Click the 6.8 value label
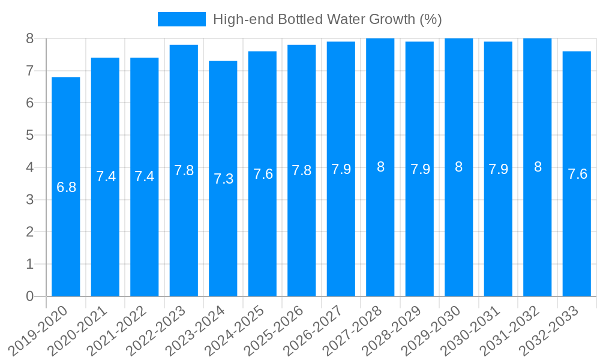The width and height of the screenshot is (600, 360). click(66, 187)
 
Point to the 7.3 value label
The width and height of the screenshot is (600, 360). click(223, 179)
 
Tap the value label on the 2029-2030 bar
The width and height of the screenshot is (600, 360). click(459, 167)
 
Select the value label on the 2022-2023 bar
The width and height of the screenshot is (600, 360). click(184, 170)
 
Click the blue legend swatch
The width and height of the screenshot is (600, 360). click(181, 19)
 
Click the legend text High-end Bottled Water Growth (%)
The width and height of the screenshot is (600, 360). click(328, 19)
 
